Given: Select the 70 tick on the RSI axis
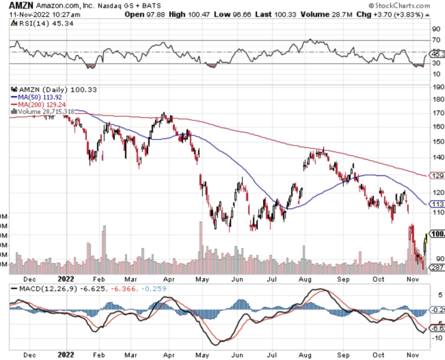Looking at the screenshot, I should (x=436, y=40).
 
